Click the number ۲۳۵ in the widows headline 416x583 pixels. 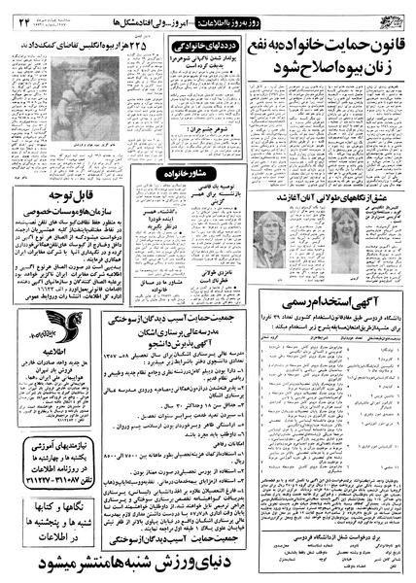coord(110,46)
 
